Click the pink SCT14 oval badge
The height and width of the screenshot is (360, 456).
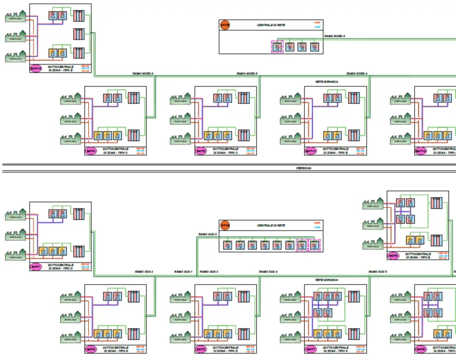(36, 68)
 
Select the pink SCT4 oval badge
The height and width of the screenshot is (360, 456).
(90, 150)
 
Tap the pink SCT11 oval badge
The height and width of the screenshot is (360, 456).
(311, 150)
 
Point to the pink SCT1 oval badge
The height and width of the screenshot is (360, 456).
(36, 266)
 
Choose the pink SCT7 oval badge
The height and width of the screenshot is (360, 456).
(311, 349)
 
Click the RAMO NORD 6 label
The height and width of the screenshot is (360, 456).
(143, 73)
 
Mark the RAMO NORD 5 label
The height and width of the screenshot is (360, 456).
(247, 73)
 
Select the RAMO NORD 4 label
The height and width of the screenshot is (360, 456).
(357, 73)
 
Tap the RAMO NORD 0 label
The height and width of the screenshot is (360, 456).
(335, 36)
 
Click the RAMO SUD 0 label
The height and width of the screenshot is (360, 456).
(208, 234)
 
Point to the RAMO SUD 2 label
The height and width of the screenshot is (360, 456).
(144, 272)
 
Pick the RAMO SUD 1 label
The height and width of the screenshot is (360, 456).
(183, 272)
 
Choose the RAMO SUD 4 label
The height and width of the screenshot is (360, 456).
(269, 272)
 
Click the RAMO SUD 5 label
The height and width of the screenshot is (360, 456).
(378, 272)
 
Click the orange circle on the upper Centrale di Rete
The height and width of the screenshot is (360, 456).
(225, 25)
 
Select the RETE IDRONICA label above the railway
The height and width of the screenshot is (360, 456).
(327, 81)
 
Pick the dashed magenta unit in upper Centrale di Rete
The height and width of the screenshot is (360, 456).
(277, 47)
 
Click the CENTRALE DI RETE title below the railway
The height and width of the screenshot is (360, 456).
(271, 226)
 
